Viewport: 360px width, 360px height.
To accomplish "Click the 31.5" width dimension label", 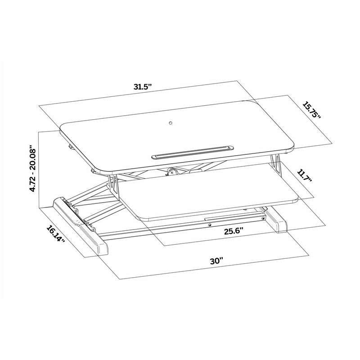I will pos(144,87).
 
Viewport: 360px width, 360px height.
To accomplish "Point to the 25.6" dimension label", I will pos(234,231).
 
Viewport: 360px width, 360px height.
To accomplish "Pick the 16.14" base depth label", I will pos(55,234).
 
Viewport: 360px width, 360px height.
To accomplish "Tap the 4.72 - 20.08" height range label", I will pos(32,168).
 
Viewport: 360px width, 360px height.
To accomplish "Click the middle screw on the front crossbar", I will pos(210,225).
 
